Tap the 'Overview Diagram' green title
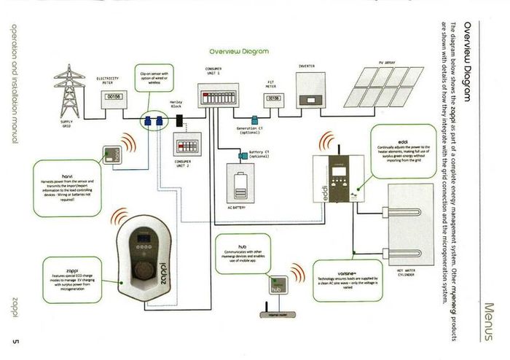(238, 52)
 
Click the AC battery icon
(240, 184)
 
